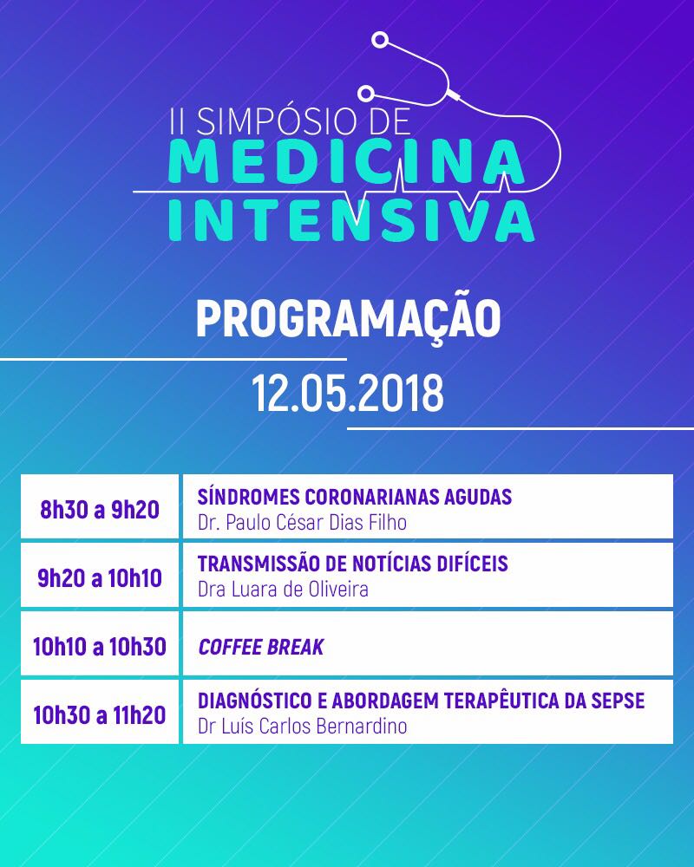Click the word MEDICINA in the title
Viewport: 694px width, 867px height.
pyautogui.click(x=347, y=161)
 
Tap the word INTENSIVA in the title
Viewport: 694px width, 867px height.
pyautogui.click(x=351, y=220)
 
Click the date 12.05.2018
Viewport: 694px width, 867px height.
pyautogui.click(x=348, y=393)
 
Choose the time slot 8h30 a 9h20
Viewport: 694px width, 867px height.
pyautogui.click(x=100, y=509)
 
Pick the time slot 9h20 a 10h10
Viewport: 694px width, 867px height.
pyautogui.click(x=100, y=577)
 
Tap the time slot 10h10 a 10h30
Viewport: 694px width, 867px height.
pyautogui.click(x=100, y=647)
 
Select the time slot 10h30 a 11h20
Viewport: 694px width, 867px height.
pyautogui.click(x=100, y=715)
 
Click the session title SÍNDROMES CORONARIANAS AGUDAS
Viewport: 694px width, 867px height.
pyautogui.click(x=355, y=496)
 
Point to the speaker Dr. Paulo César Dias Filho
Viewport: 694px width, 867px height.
pyautogui.click(x=302, y=522)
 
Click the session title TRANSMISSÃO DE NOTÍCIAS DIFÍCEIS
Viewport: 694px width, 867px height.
pyautogui.click(x=353, y=564)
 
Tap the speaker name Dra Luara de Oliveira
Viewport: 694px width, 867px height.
pyautogui.click(x=283, y=590)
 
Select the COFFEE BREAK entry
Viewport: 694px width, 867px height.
pyautogui.click(x=260, y=647)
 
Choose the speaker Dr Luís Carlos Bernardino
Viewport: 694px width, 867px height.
pyautogui.click(x=302, y=726)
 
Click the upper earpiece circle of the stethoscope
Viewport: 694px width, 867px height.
pyautogui.click(x=380, y=40)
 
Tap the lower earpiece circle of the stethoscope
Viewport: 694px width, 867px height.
pyautogui.click(x=365, y=94)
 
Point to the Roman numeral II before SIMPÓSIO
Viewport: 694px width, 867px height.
pyautogui.click(x=177, y=121)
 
